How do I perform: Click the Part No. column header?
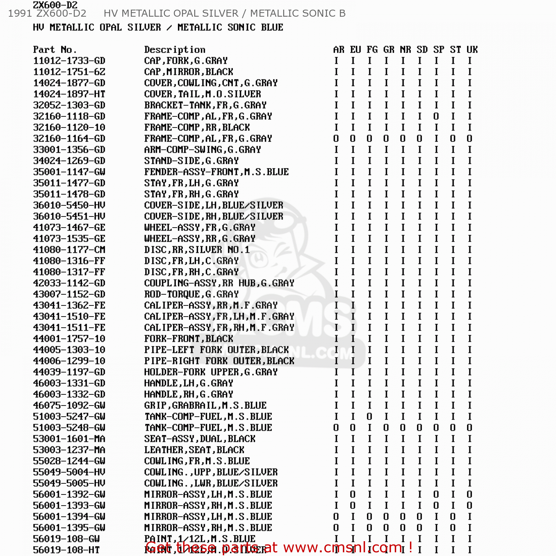(54, 50)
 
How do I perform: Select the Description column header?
(175, 50)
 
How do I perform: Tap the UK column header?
(472, 50)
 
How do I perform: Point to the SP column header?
(438, 50)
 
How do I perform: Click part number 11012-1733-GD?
(69, 61)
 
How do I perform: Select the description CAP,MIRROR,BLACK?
(189, 72)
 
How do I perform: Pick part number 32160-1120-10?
(69, 128)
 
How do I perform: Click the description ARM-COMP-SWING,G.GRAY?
(202, 150)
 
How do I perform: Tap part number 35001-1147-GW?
(69, 172)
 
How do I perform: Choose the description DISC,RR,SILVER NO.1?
(197, 250)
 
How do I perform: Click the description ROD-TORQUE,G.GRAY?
(191, 294)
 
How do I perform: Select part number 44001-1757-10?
(69, 339)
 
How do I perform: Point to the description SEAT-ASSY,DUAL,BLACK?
(200, 439)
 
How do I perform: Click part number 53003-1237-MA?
(69, 450)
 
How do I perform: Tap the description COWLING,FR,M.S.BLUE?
(197, 461)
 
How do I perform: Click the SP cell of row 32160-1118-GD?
(436, 116)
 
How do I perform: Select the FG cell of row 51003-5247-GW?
(370, 417)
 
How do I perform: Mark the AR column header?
(338, 50)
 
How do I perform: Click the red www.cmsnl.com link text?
(343, 547)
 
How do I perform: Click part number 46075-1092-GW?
(69, 406)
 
